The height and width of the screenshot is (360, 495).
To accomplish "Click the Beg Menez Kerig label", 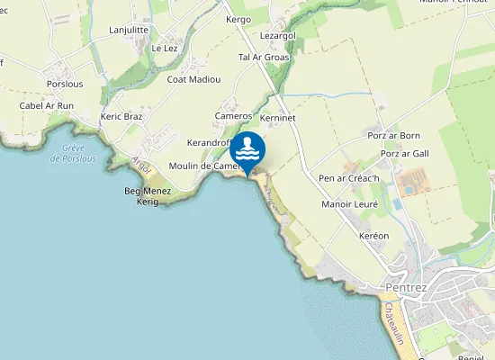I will (141, 196).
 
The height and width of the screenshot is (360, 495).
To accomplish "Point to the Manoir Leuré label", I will (350, 204).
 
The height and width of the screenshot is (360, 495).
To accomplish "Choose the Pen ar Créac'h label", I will (349, 178).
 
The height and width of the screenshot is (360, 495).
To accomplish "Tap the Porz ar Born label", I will (394, 136).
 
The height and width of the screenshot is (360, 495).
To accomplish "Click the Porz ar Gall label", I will (404, 154).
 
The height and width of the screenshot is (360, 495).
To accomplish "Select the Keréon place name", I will (373, 236).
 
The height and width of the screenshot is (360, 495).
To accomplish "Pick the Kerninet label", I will (277, 118).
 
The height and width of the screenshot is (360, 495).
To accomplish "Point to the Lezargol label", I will (277, 35).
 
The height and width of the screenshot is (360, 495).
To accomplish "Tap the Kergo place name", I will (238, 19).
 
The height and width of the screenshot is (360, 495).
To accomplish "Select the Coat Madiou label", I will (193, 79).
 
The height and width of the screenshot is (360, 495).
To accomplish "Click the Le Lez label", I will (165, 48).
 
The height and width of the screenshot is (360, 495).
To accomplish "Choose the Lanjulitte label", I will (129, 30).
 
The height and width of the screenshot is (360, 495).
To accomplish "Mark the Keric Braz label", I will (121, 117).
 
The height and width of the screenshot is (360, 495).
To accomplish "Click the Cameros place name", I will (233, 116).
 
